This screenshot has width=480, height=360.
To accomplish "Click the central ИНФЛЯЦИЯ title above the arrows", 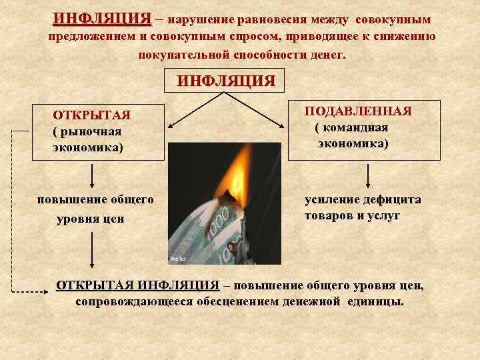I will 225,81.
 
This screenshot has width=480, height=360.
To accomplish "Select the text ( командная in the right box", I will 351,127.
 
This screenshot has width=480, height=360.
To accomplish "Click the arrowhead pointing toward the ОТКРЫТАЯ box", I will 169,125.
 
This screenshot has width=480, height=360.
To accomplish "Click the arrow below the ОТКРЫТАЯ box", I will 92,175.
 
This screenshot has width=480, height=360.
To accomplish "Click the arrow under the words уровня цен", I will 92,253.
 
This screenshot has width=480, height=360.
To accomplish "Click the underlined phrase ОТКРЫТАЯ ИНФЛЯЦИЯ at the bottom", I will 138,285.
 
